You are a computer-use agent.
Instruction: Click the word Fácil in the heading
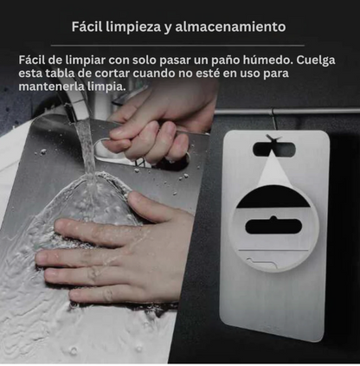pos(87,27)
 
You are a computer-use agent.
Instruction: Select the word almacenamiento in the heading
pos(230,27)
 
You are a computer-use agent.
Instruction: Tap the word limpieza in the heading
pos(132,27)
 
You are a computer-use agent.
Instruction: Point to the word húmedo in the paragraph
pos(267,61)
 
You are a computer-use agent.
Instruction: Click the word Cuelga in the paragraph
pos(316,61)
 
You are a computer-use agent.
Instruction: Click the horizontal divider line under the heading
pos(177,45)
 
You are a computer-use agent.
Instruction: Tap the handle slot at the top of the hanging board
pos(274,149)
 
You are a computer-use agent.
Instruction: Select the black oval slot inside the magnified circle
pos(273,226)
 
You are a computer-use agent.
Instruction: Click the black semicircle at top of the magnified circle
pos(273,197)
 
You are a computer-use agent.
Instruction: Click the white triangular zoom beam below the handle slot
pos(273,170)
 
